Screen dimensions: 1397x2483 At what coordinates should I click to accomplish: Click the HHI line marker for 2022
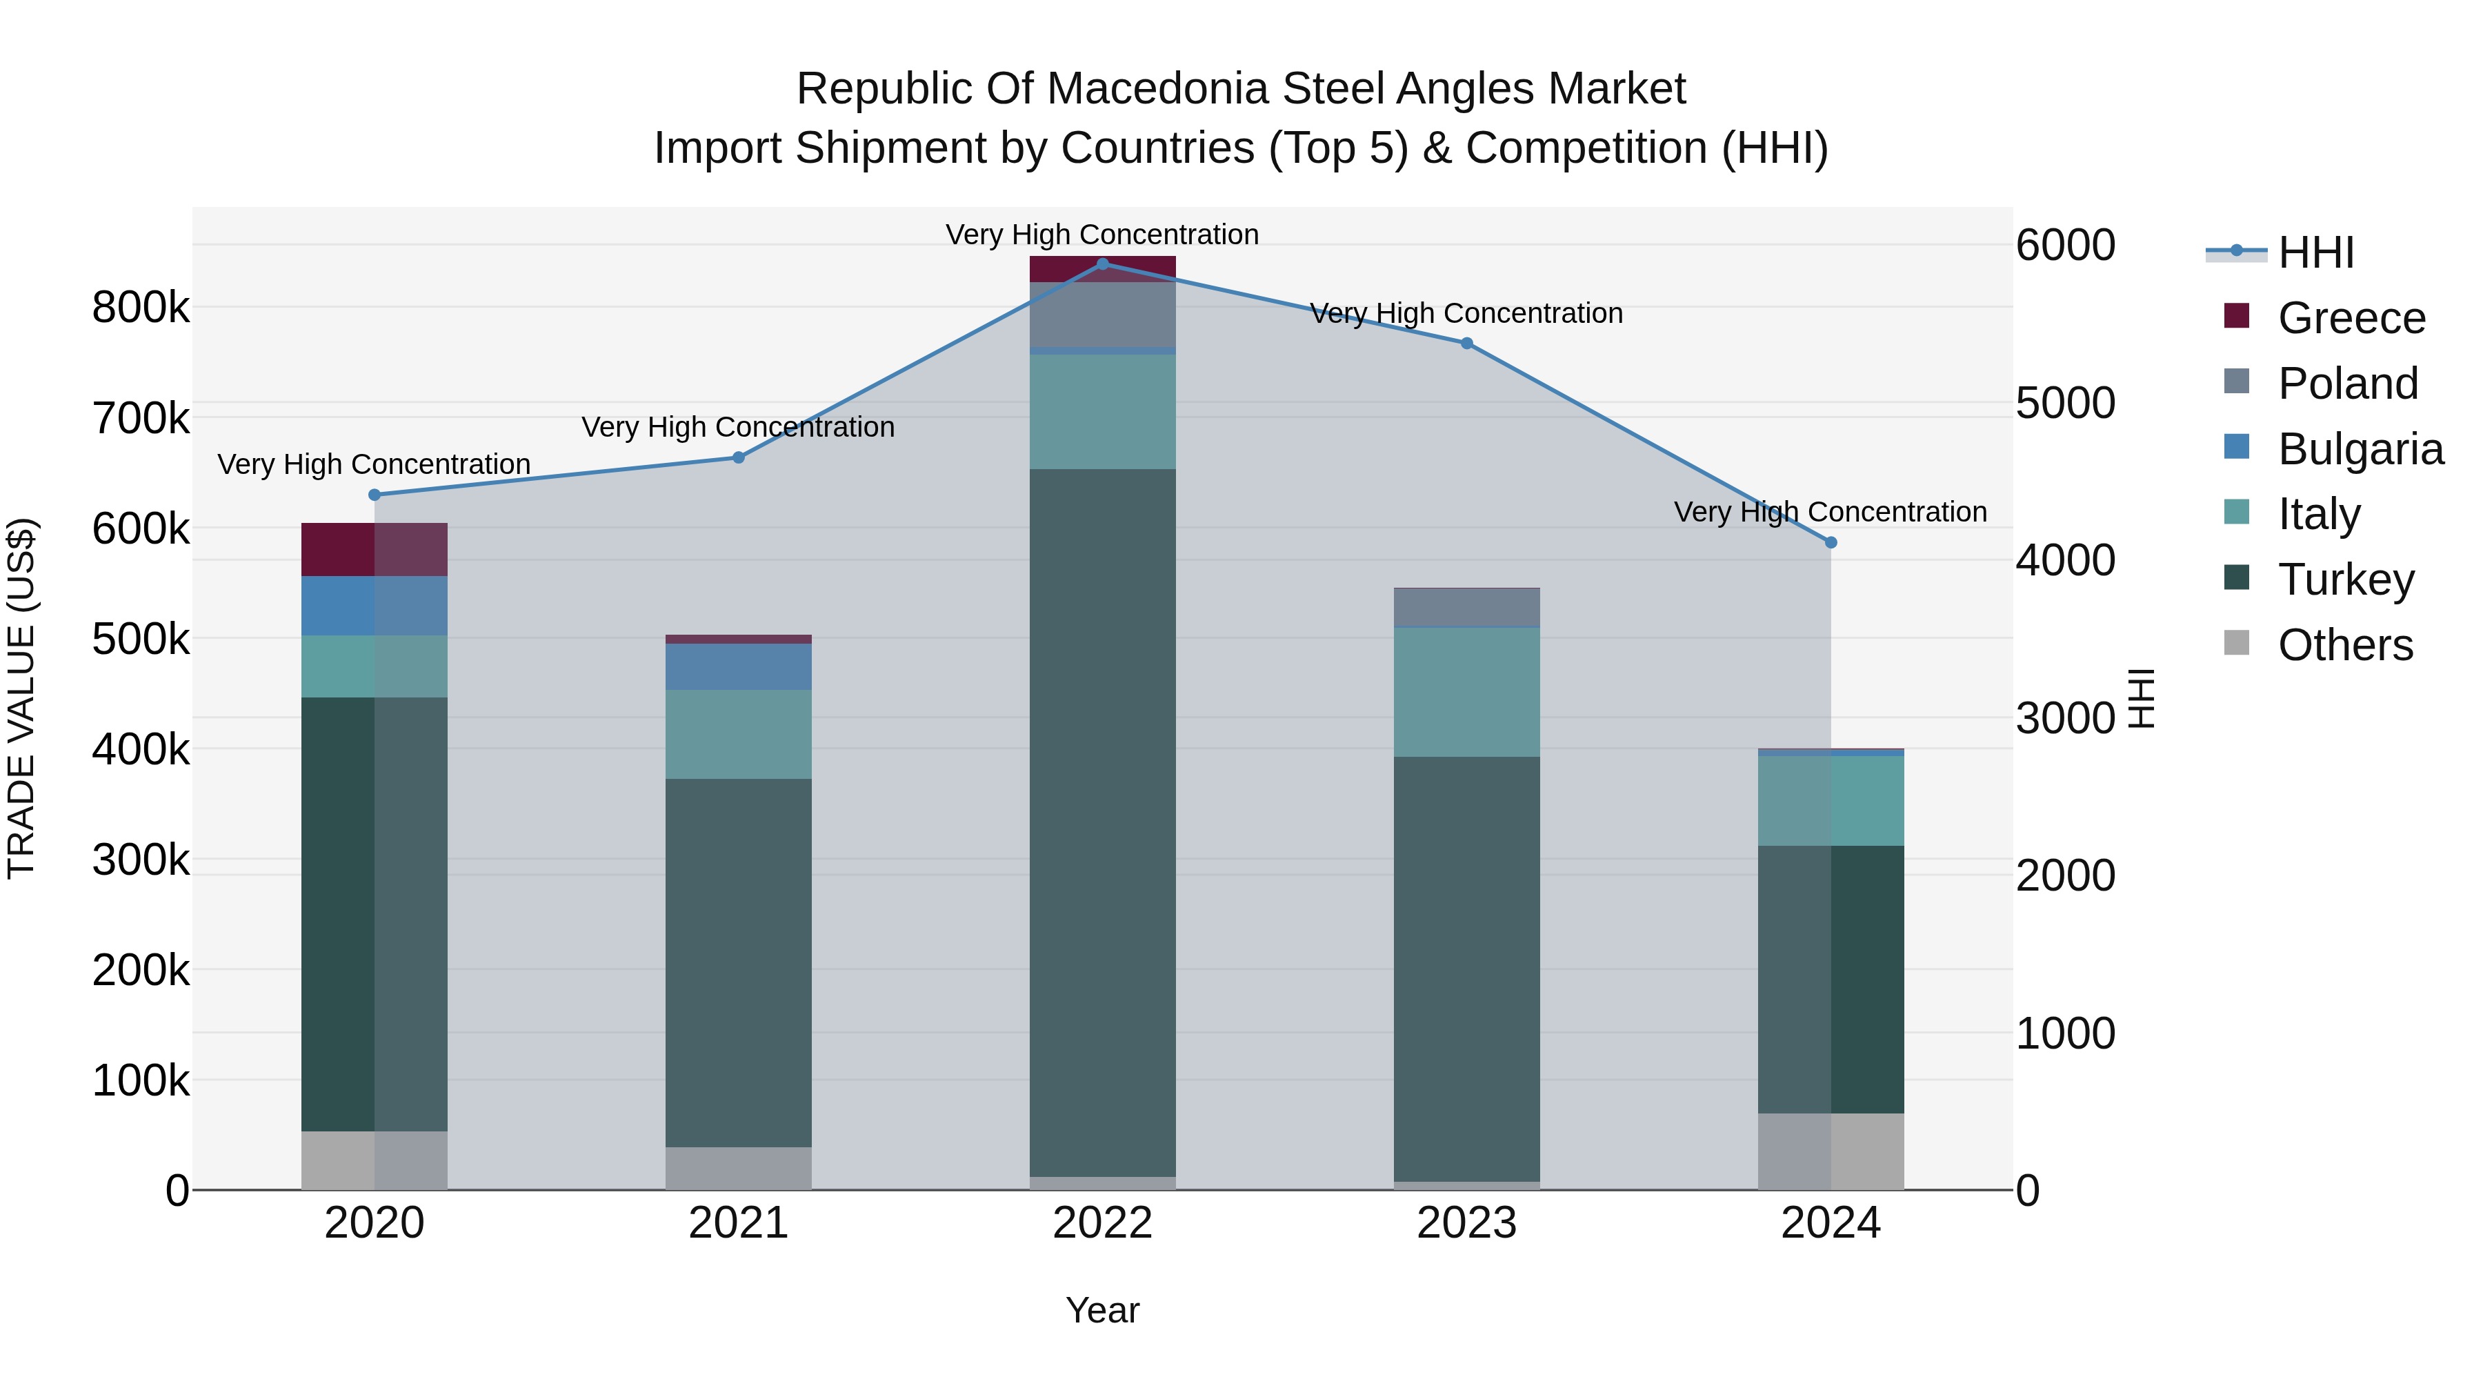1103,264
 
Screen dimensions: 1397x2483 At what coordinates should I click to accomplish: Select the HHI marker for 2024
1831,543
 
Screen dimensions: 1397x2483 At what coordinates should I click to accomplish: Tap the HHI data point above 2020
375,495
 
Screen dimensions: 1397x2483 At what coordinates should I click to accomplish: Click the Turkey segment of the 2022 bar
1103,820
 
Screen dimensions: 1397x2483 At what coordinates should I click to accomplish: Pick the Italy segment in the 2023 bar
1466,691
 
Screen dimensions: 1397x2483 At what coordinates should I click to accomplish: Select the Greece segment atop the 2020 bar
375,550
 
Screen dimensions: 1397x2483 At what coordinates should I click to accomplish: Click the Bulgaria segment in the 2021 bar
738,666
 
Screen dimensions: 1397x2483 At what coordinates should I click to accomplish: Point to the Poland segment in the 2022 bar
1103,315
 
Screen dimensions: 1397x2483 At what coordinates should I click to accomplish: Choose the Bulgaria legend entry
2360,449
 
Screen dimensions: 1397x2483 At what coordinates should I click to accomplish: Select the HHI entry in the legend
2315,252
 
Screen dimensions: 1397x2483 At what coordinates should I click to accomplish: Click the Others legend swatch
2236,643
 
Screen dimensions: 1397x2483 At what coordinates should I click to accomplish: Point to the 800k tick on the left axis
141,308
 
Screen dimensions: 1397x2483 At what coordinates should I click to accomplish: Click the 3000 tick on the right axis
2064,718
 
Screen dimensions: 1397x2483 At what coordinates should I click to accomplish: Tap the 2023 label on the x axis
1466,1223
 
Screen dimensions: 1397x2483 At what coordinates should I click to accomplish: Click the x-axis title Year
1103,1310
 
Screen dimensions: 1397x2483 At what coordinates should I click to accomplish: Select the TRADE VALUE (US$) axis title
21,698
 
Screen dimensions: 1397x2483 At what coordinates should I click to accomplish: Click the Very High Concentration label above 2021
738,427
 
